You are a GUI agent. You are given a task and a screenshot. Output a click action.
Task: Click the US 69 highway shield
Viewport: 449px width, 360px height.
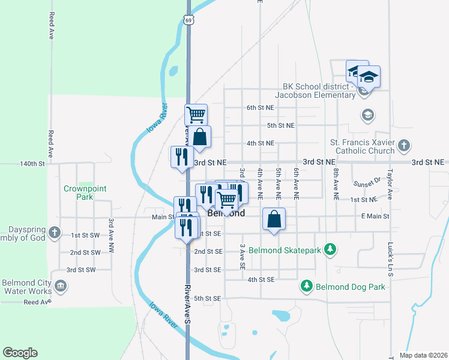point(189,20)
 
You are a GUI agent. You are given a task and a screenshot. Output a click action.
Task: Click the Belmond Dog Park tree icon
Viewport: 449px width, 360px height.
point(307,286)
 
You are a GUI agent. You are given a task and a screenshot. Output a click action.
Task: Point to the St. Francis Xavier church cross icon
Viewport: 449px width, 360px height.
point(404,145)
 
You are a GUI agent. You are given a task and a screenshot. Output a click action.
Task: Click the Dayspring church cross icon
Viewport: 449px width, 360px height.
point(55,232)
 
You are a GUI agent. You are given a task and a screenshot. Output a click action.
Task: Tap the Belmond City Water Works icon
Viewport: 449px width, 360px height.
point(60,286)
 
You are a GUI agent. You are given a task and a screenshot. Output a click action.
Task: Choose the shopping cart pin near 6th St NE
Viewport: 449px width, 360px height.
point(196,114)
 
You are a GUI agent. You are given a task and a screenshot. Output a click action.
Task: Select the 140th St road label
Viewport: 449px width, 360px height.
point(32,163)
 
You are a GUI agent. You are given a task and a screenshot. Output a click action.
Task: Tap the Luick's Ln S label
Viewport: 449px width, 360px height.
point(390,257)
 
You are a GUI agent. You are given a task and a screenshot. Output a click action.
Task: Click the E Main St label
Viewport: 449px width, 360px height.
point(375,216)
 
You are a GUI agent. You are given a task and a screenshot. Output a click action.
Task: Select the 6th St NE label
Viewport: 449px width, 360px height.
point(260,108)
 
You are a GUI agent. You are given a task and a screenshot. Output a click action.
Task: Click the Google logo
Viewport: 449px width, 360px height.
point(20,353)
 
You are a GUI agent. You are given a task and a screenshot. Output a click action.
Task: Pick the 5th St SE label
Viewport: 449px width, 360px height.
point(208,298)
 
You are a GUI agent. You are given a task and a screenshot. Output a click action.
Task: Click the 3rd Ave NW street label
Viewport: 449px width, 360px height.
point(111,235)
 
